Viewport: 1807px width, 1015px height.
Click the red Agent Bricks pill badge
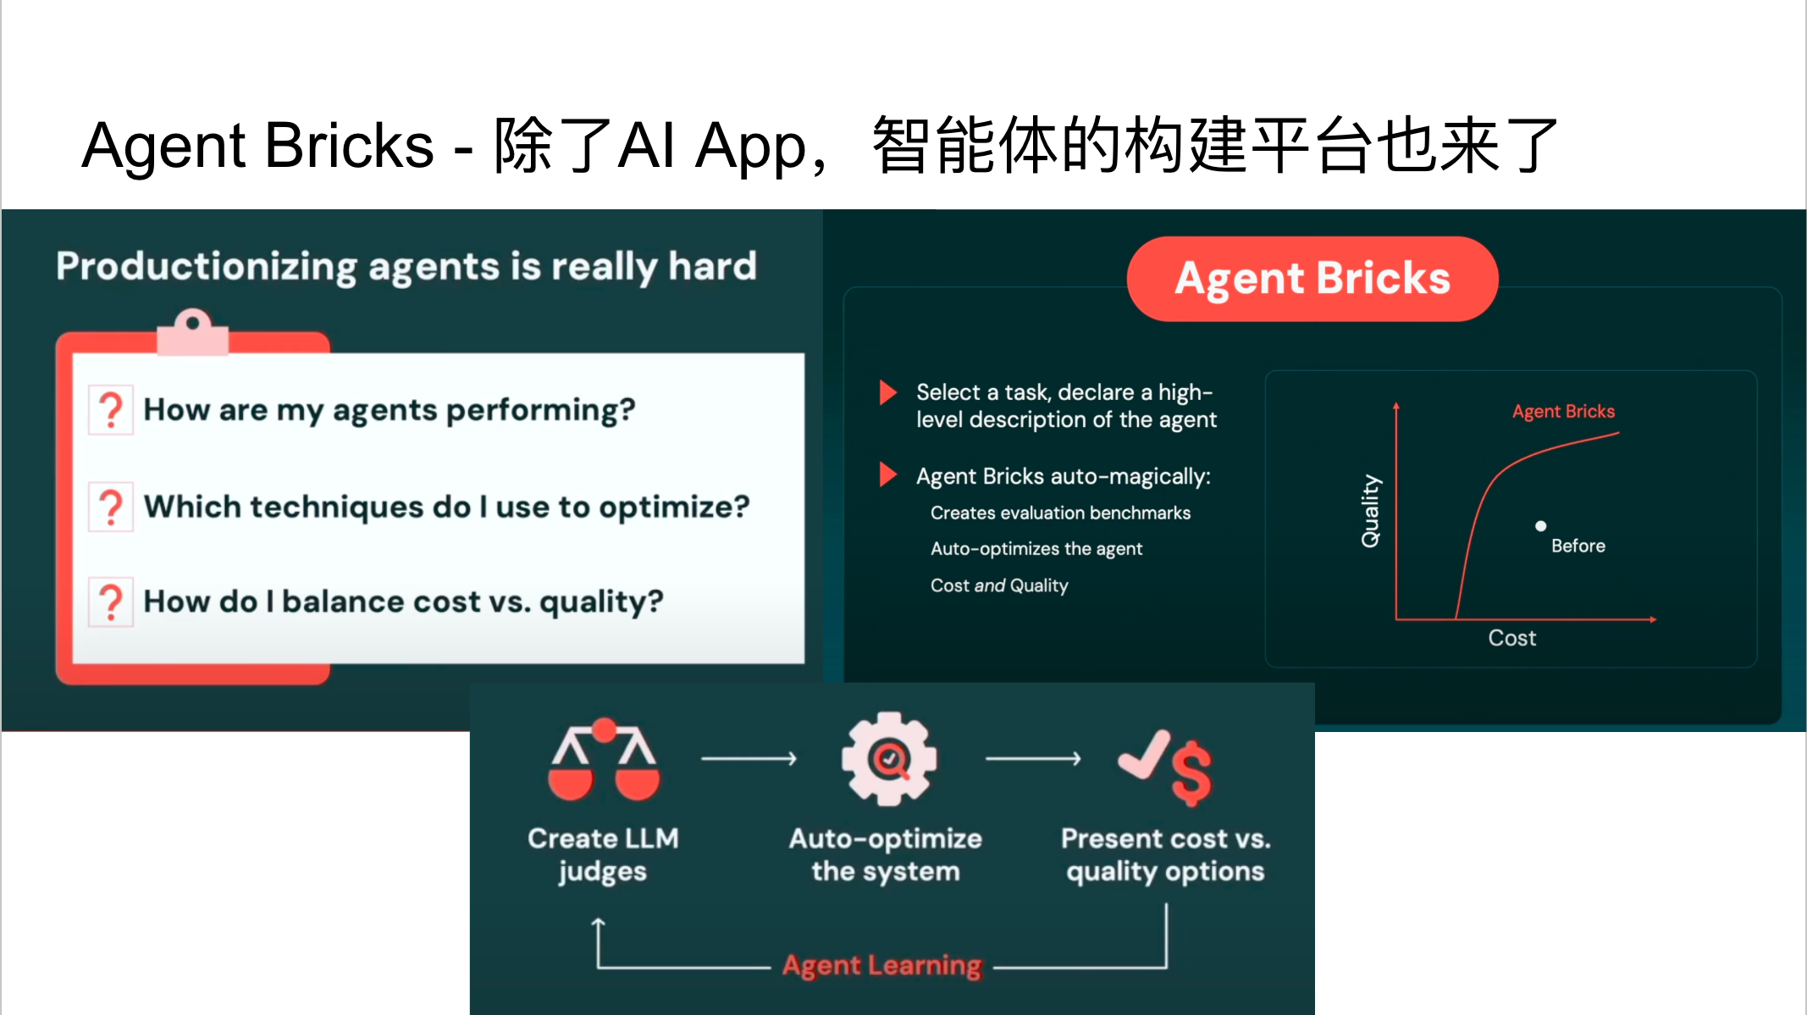click(1312, 279)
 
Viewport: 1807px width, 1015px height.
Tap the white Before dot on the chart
click(1540, 526)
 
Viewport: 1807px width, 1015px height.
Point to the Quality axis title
click(1370, 511)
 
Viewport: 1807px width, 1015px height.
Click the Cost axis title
click(1511, 638)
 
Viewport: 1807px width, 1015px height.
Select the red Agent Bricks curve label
click(1563, 411)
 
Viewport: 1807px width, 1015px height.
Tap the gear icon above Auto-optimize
click(888, 758)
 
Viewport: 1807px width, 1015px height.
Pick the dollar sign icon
click(1191, 772)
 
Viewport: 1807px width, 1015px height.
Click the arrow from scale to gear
click(749, 758)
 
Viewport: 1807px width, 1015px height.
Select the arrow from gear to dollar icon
click(1033, 758)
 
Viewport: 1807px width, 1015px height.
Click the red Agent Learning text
click(881, 965)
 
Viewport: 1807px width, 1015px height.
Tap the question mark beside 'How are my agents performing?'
click(111, 410)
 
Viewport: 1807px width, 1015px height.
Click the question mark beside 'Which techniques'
click(111, 508)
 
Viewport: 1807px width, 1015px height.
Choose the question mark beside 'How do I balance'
click(111, 602)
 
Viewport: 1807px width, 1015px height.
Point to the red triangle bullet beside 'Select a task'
click(887, 392)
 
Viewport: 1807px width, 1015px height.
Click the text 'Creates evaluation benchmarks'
click(1060, 513)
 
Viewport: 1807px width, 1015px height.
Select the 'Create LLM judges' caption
click(603, 854)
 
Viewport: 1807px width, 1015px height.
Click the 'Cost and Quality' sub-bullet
click(999, 585)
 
